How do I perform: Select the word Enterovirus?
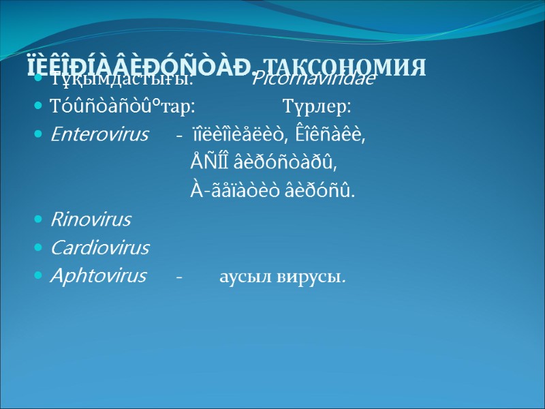[99, 135]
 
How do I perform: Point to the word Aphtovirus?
[98, 275]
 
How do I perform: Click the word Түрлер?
[317, 107]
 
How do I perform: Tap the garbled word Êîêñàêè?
[330, 135]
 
